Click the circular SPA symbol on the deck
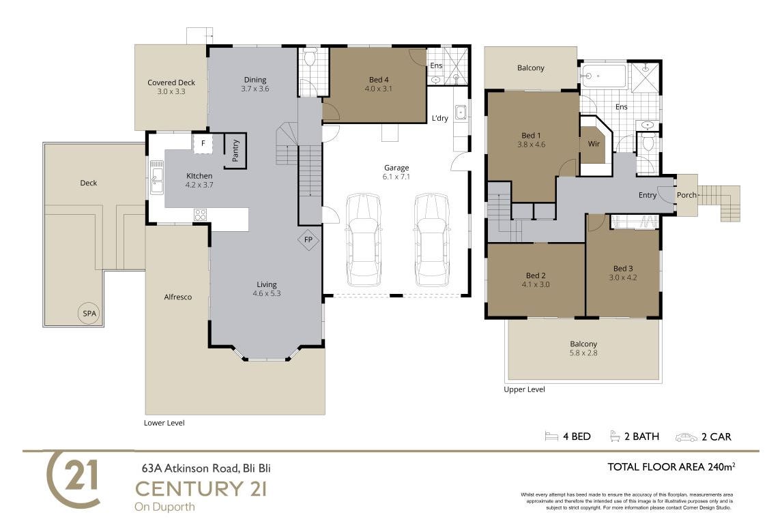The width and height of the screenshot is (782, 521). point(89,313)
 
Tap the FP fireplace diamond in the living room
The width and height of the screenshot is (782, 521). point(308,240)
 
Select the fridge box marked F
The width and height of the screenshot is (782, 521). point(203,143)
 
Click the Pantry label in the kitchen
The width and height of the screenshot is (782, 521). point(236,151)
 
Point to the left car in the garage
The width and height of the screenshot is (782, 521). point(364,240)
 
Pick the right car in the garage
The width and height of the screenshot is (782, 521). point(432,240)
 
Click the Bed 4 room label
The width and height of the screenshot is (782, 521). point(379,80)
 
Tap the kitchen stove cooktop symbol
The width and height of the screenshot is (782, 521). point(201,215)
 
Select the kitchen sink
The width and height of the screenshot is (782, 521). point(156,177)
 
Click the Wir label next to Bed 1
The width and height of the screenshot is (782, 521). point(594,144)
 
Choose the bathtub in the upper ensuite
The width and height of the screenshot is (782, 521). point(604,76)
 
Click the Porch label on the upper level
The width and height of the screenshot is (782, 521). point(686,195)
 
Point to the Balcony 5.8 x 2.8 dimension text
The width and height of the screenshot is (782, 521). point(583,353)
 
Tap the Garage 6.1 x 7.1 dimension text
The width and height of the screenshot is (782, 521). point(396,177)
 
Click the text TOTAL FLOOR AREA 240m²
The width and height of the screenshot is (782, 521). point(671,467)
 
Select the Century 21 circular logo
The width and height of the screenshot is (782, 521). point(73,479)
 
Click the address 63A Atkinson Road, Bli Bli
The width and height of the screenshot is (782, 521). point(206,468)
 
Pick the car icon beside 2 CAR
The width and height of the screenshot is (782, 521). point(686,437)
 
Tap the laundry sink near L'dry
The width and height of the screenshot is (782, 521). point(461,113)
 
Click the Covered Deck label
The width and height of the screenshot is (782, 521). point(171,83)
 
